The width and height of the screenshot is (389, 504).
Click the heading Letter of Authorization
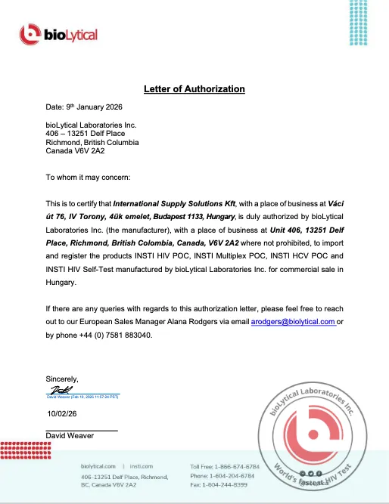point(194,89)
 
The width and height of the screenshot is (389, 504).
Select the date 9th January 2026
point(92,109)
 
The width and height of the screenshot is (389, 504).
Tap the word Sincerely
point(62,379)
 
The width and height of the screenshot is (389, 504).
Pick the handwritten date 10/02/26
point(62,413)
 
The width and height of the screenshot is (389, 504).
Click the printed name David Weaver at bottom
point(72,435)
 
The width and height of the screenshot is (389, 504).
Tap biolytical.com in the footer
point(98,466)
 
